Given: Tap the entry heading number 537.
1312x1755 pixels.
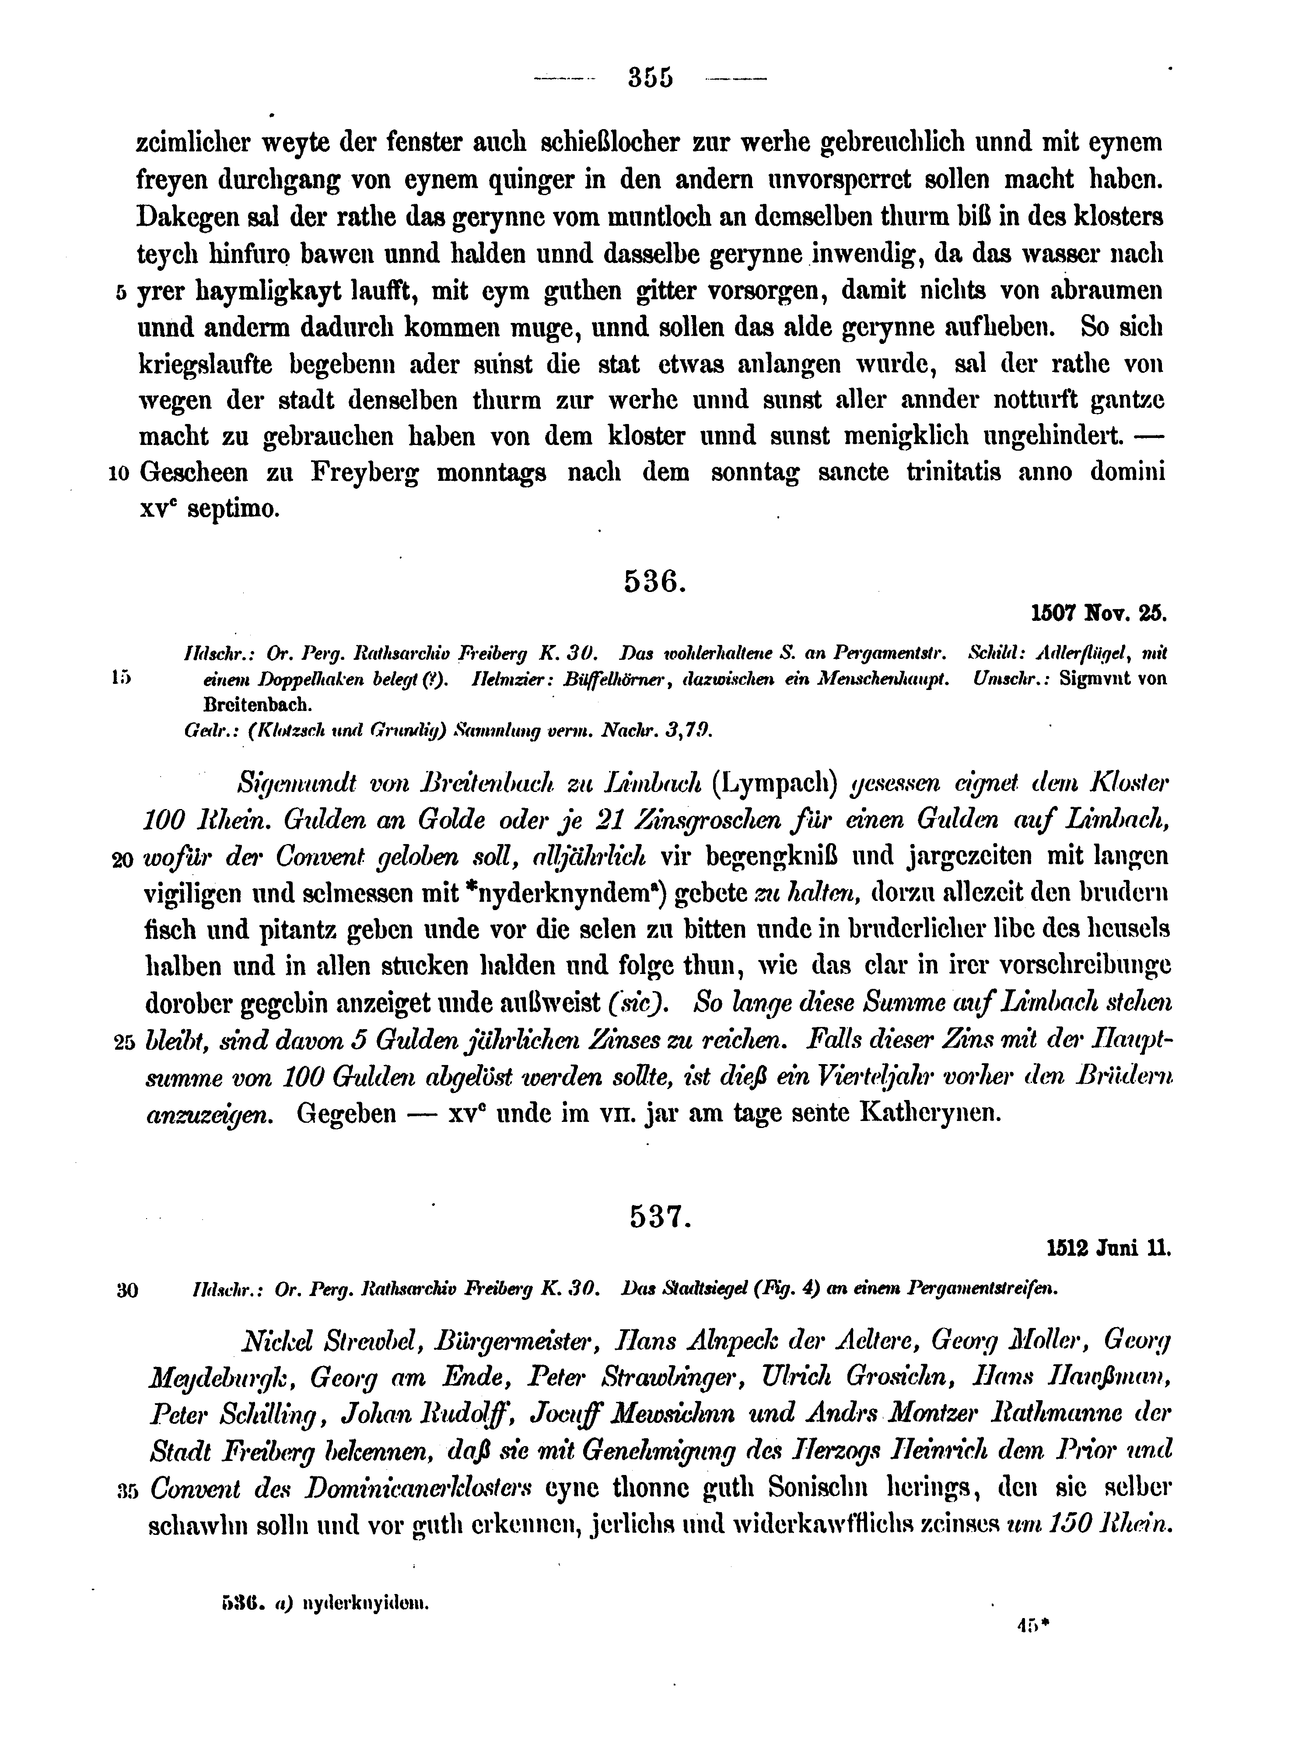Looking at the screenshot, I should pyautogui.click(x=660, y=1216).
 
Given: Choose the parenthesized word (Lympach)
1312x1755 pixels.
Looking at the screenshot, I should pyautogui.click(x=775, y=784).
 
